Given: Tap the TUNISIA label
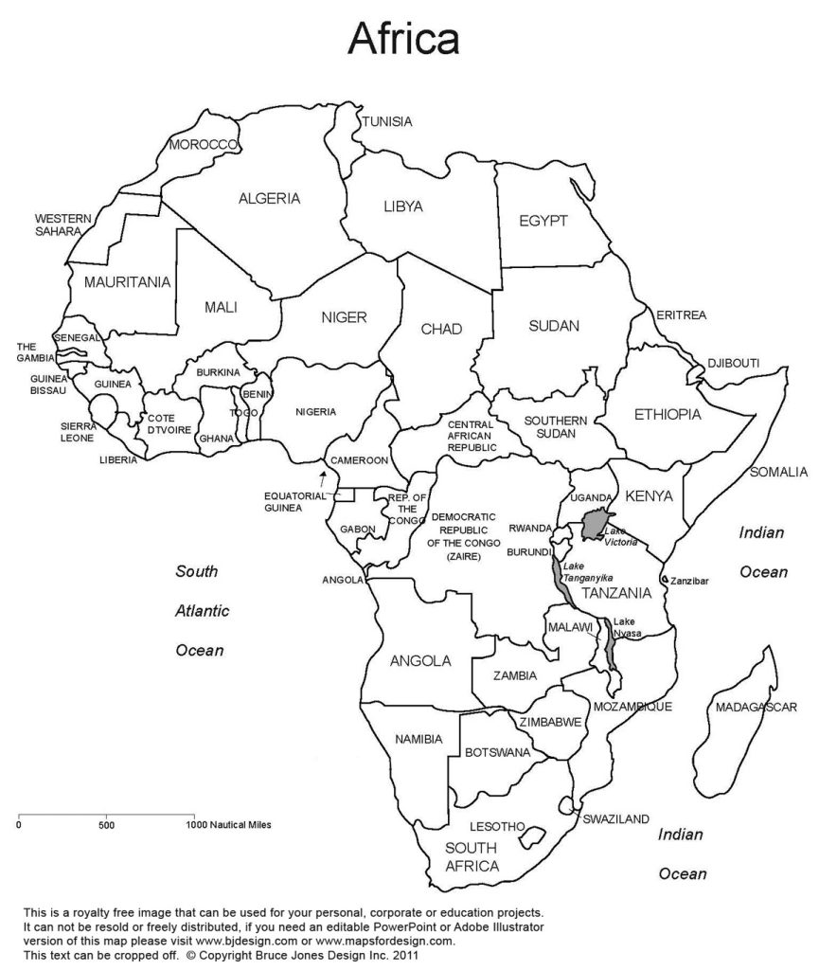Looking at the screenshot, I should tap(387, 121).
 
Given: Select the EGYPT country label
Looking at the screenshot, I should tap(543, 221).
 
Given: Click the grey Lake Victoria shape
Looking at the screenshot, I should tap(596, 523).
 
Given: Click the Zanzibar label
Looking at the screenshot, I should tap(689, 579).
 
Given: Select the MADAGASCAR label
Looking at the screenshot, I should tap(756, 707).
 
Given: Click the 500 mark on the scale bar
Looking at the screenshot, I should tap(106, 824).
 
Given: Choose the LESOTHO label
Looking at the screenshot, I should tap(494, 827).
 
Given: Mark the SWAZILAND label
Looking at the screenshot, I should tap(615, 818).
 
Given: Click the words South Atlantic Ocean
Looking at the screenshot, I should tap(202, 611).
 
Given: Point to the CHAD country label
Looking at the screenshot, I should tap(441, 329).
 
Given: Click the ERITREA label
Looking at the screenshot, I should tap(682, 314).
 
